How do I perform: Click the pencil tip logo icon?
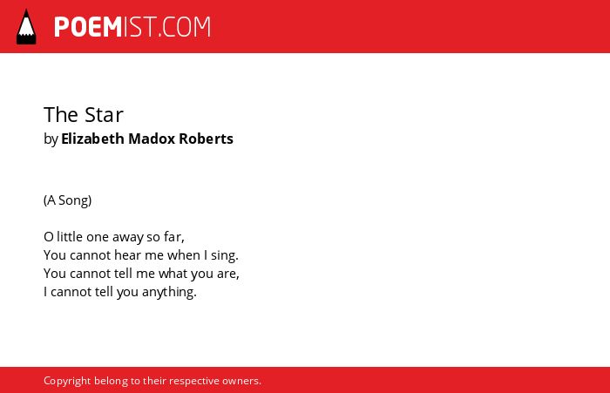click(x=26, y=27)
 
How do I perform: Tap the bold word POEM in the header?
click(x=88, y=27)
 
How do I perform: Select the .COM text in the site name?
click(x=185, y=27)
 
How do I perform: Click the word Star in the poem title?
click(x=104, y=115)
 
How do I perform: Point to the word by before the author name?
click(x=51, y=139)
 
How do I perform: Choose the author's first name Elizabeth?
click(x=92, y=139)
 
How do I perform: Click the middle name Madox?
click(x=152, y=139)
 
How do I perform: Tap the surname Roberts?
click(x=206, y=139)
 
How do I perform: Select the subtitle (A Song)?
click(x=68, y=200)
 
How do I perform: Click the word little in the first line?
click(x=70, y=236)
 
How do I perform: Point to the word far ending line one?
click(x=174, y=236)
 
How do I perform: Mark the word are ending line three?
click(x=228, y=274)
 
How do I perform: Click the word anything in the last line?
click(x=169, y=293)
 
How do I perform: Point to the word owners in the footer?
click(x=241, y=381)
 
